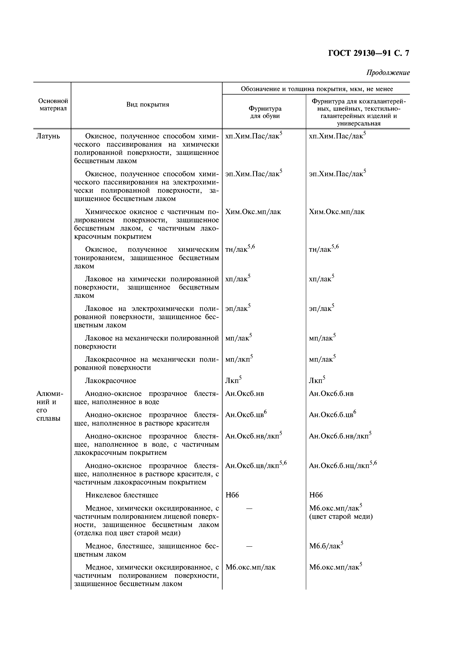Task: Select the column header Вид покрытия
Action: point(147,105)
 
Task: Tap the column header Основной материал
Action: point(53,105)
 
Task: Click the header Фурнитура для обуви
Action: point(265,112)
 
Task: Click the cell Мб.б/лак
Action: point(325,546)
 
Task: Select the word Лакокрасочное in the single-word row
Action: point(110,381)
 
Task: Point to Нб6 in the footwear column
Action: point(232,495)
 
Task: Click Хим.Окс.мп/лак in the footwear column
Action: point(253,212)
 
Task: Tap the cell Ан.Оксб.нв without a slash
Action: point(244,394)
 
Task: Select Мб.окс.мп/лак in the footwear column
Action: point(250,567)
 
